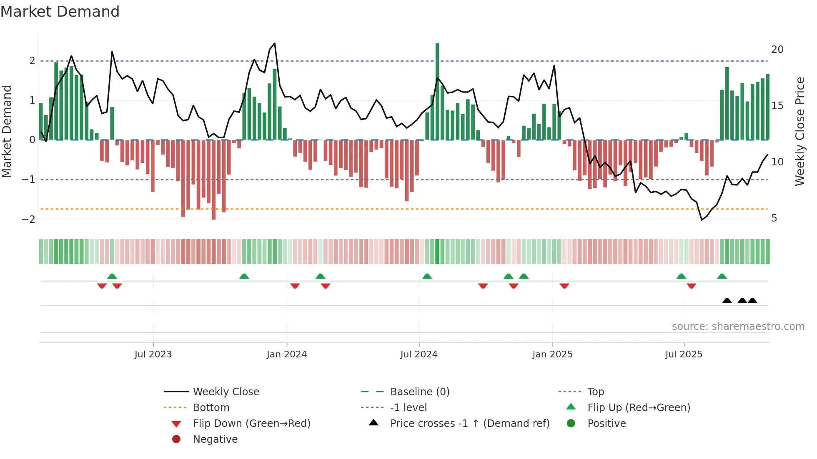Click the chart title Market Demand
pyautogui.click(x=60, y=12)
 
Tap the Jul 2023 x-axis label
pyautogui.click(x=153, y=354)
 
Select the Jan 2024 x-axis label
pyautogui.click(x=287, y=354)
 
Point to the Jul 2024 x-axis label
pyautogui.click(x=419, y=354)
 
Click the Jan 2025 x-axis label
pyautogui.click(x=552, y=354)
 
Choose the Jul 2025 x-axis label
pyautogui.click(x=684, y=354)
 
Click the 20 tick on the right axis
pyautogui.click(x=777, y=50)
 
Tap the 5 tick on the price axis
pyautogui.click(x=774, y=218)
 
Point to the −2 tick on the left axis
pyautogui.click(x=28, y=219)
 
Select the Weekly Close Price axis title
pyautogui.click(x=799, y=131)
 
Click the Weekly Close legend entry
pyautogui.click(x=226, y=392)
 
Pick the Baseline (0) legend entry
pyautogui.click(x=419, y=392)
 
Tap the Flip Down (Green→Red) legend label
pyautogui.click(x=251, y=424)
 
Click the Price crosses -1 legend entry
pyautogui.click(x=469, y=424)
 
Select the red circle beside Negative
pyautogui.click(x=176, y=439)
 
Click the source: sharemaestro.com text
pyautogui.click(x=738, y=327)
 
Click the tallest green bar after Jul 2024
pyautogui.click(x=437, y=92)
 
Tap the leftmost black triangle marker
pyautogui.click(x=727, y=300)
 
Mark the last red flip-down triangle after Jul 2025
pyautogui.click(x=692, y=286)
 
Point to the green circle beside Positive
pyautogui.click(x=571, y=424)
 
